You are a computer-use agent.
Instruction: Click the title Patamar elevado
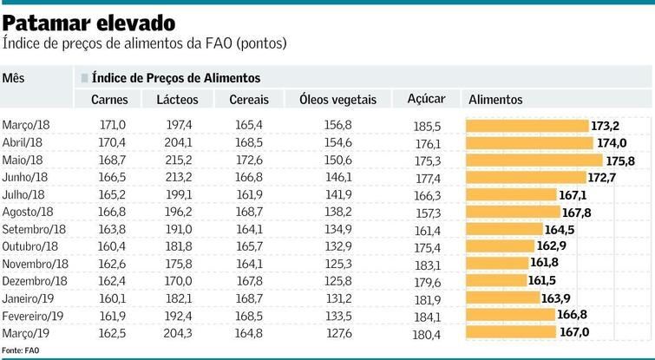(x=88, y=21)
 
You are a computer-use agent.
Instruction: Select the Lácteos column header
(x=178, y=100)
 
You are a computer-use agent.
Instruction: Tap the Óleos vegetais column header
(x=337, y=100)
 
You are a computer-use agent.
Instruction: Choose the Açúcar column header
(x=426, y=99)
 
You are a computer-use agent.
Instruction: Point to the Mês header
(x=13, y=78)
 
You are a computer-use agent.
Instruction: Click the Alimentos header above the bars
(x=495, y=100)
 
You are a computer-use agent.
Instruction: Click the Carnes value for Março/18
(x=113, y=126)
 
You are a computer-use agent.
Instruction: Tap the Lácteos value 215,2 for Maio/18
(x=178, y=160)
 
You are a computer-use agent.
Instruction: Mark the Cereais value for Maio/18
(x=249, y=160)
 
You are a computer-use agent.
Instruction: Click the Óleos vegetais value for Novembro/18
(x=337, y=264)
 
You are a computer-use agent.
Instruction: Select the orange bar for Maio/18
(x=534, y=160)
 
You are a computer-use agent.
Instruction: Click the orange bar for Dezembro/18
(x=496, y=280)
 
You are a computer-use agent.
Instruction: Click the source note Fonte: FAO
(x=21, y=350)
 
